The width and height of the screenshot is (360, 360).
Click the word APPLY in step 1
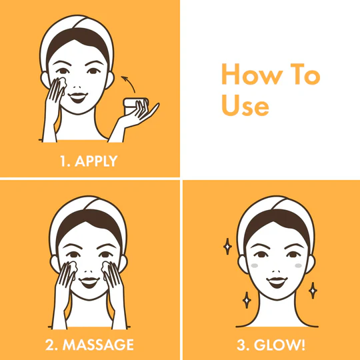coord(96,161)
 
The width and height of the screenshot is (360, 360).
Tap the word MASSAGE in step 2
coord(98,345)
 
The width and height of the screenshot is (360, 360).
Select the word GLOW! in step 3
coord(279,345)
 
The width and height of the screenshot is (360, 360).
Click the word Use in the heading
coord(245,105)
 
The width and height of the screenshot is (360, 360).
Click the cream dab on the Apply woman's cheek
coord(62,83)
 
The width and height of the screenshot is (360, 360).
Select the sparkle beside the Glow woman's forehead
coord(227,247)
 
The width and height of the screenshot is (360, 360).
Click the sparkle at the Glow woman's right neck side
coord(313,291)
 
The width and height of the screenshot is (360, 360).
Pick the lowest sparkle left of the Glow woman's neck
coord(247,300)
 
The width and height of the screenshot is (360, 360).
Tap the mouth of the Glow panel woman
coord(277,282)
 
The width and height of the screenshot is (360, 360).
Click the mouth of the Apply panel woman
coord(78,97)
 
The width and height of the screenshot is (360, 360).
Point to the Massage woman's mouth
coord(89,283)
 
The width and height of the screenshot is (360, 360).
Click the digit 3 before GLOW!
coord(241,345)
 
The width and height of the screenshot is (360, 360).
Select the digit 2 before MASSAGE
coord(49,345)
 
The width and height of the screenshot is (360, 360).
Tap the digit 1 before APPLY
coord(63,161)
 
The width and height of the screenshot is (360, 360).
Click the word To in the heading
coord(305,74)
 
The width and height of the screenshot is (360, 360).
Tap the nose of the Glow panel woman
coord(277,271)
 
